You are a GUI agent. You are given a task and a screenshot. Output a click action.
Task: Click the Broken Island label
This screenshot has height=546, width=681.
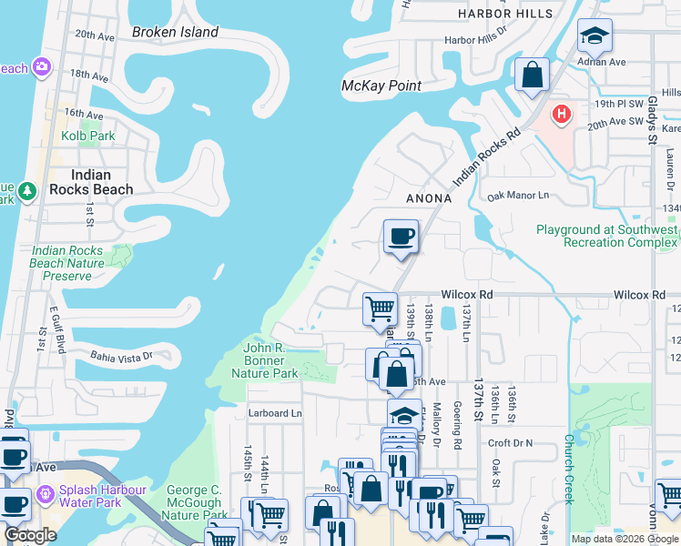(175, 32)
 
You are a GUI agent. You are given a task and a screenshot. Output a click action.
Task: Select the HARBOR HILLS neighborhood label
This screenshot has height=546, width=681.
(505, 14)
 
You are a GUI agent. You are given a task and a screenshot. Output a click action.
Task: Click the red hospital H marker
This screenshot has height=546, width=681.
(562, 115)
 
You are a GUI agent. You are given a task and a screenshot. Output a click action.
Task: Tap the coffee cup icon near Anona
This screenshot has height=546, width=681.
(401, 238)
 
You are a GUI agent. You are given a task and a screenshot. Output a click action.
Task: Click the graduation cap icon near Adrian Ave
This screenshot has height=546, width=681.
(595, 35)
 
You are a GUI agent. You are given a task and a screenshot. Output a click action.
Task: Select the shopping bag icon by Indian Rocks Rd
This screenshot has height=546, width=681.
(532, 75)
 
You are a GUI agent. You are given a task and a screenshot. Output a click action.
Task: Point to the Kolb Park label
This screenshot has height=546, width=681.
(88, 136)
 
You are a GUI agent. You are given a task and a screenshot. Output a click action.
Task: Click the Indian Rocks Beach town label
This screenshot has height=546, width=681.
(91, 182)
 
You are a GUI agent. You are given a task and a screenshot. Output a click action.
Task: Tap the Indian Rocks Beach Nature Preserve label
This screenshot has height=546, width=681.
(67, 263)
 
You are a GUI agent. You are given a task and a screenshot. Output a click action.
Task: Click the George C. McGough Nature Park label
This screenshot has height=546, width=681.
(194, 502)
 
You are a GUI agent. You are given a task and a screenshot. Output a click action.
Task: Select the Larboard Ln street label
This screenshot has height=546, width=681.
(274, 413)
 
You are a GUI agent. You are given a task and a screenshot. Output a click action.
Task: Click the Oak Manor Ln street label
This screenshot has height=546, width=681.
(519, 196)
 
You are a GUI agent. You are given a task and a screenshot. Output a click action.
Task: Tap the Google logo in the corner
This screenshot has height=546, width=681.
(30, 535)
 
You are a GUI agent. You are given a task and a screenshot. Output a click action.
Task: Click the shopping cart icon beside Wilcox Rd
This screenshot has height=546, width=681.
(380, 308)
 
